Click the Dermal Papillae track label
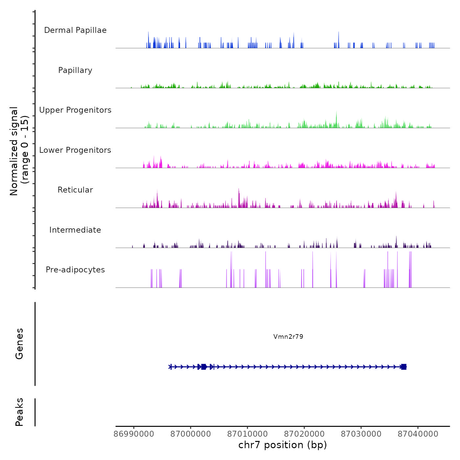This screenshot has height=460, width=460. click(75, 30)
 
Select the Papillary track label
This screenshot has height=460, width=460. click(75, 70)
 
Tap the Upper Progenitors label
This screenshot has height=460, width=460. click(75, 110)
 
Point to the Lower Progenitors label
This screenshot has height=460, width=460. click(75, 150)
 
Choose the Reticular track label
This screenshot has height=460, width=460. click(75, 190)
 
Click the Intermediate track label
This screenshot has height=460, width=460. click(75, 230)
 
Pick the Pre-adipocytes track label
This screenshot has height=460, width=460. click(75, 270)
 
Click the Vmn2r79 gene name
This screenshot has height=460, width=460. click(288, 336)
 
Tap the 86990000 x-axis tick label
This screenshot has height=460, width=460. click(134, 434)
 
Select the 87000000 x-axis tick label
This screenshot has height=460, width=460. click(191, 434)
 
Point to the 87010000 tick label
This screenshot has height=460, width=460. click(247, 434)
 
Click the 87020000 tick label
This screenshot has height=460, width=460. click(304, 434)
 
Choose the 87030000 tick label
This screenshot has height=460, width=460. click(361, 434)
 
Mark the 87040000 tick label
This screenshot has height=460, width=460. click(418, 434)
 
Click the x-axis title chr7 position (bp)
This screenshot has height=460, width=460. click(283, 445)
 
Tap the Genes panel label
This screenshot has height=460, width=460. click(19, 344)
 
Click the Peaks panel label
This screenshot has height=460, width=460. click(19, 412)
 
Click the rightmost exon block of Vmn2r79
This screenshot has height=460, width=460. click(404, 367)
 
